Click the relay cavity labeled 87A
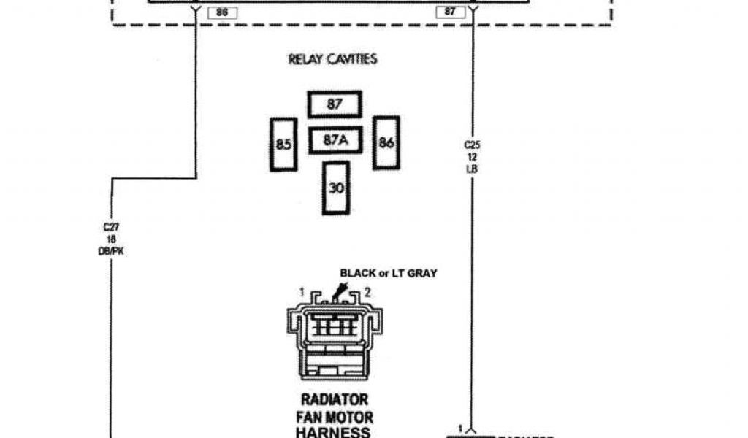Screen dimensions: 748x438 (335, 141)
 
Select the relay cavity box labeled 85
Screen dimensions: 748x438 (283, 145)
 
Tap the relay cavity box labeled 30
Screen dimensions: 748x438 (336, 188)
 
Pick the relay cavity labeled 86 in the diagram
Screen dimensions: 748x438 (386, 143)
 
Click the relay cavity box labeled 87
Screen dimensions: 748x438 (335, 104)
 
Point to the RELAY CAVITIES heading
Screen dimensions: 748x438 (333, 59)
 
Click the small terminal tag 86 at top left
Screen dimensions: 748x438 (222, 12)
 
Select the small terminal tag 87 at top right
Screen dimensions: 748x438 (450, 12)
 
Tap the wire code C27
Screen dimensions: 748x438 (111, 227)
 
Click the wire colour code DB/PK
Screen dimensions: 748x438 (111, 251)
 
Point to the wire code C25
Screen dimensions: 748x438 (472, 145)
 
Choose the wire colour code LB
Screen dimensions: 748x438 (472, 169)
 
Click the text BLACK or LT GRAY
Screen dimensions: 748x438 (388, 274)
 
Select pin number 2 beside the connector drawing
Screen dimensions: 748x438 (368, 292)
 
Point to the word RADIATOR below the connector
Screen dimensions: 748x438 (335, 401)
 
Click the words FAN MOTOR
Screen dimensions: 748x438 (335, 418)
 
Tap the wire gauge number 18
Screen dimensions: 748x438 (111, 239)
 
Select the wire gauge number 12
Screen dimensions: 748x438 (472, 157)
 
